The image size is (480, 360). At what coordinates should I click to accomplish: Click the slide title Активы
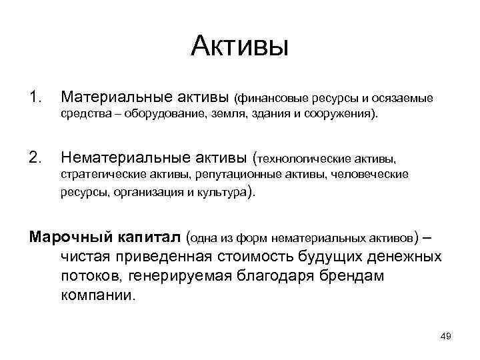coord(239,46)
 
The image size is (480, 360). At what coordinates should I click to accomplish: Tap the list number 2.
coord(35,157)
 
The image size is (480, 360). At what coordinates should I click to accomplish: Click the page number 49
coord(446,336)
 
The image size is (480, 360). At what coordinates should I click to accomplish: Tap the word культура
coord(220,193)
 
